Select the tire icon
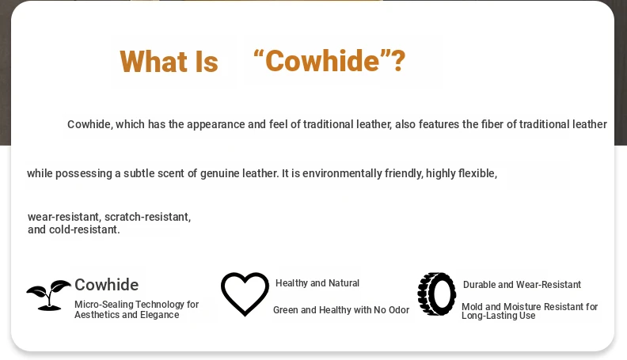click(x=437, y=294)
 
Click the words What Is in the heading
click(x=169, y=62)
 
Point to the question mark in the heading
click(x=399, y=61)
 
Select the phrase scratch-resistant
click(x=147, y=217)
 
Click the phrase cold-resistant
click(x=85, y=229)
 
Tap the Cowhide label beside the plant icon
click(x=106, y=285)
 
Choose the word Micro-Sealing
click(x=104, y=305)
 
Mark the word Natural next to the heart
click(x=344, y=283)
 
